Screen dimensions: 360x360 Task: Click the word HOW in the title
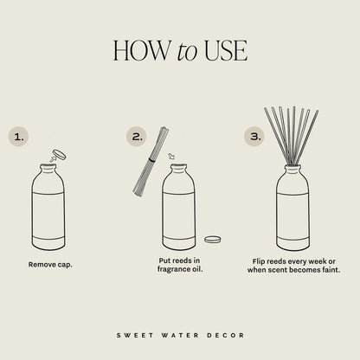click(141, 50)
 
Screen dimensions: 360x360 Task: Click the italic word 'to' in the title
click(187, 52)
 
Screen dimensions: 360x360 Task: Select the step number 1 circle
click(19, 136)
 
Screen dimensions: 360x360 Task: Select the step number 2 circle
click(137, 136)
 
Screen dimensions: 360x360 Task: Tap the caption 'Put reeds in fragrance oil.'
click(179, 265)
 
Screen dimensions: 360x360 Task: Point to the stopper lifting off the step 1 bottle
click(59, 156)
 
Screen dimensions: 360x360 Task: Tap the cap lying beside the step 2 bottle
click(212, 239)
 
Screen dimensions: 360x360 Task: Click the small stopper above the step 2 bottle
click(172, 157)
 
